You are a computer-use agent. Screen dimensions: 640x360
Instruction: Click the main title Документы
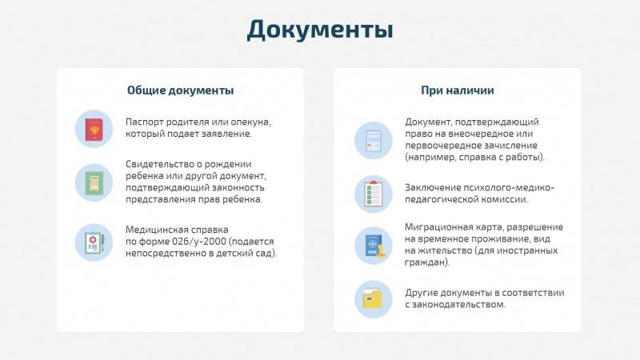[320, 30]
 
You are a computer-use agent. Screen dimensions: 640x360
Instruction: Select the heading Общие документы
[181, 90]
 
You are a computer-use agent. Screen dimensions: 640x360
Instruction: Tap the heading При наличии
[457, 90]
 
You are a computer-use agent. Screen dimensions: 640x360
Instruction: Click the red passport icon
[94, 130]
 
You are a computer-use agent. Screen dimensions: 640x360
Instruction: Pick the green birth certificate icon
[94, 183]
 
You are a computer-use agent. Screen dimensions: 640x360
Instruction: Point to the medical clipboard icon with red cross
[94, 242]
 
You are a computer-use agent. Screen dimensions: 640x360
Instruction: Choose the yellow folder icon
[372, 299]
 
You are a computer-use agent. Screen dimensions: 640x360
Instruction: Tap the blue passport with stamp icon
[374, 246]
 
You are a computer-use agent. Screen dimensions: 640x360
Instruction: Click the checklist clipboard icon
[373, 194]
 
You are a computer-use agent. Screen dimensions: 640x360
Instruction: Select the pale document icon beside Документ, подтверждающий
[374, 141]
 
